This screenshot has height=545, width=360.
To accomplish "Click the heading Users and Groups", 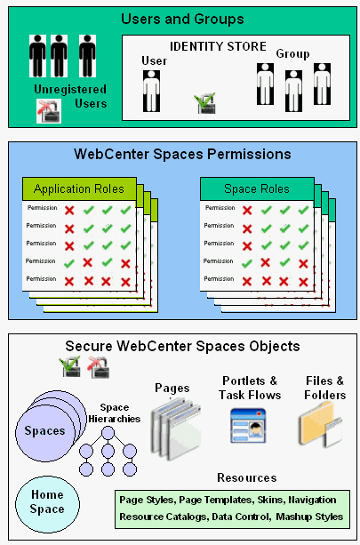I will pos(182,19).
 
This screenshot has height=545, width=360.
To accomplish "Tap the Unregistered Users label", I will pos(69,96).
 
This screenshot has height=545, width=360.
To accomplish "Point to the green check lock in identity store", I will pos(205,105).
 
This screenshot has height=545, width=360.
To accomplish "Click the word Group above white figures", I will pos(292,54).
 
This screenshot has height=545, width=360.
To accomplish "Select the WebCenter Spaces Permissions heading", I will pos(182,155).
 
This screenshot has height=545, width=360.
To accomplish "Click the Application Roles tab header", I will pos(79,188).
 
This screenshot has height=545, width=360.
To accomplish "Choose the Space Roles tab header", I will pos(257,188).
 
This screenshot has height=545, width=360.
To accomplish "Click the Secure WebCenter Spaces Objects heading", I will pos(182,346).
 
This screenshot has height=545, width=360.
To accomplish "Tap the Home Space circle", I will pos(47,502).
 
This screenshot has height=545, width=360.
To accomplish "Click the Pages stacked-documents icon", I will pos(172,424).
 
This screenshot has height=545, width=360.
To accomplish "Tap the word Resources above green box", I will pos(246,477).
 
